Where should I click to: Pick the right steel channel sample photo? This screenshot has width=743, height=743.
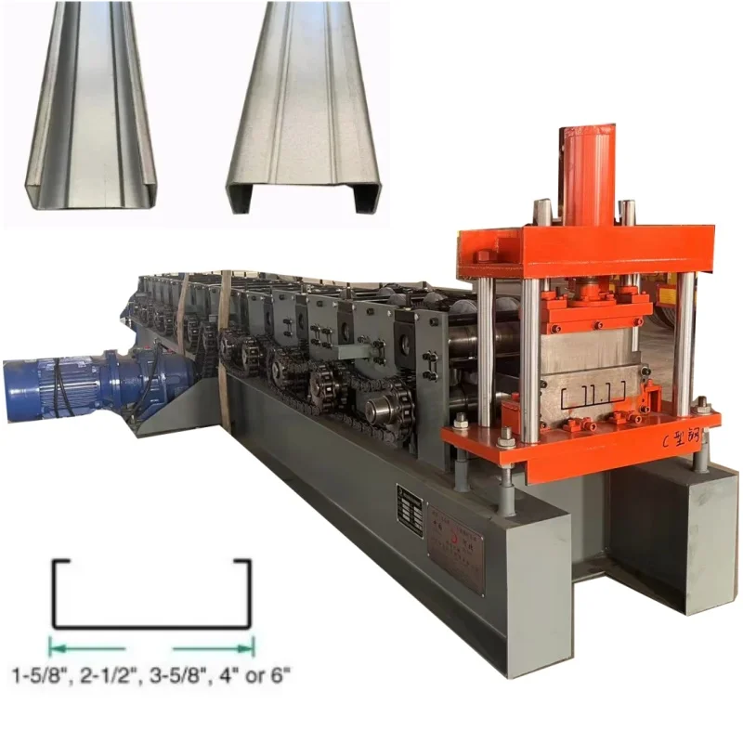click(302, 107)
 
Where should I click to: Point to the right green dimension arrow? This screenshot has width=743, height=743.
click(214, 647)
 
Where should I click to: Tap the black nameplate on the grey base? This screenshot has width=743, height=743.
click(409, 510)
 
